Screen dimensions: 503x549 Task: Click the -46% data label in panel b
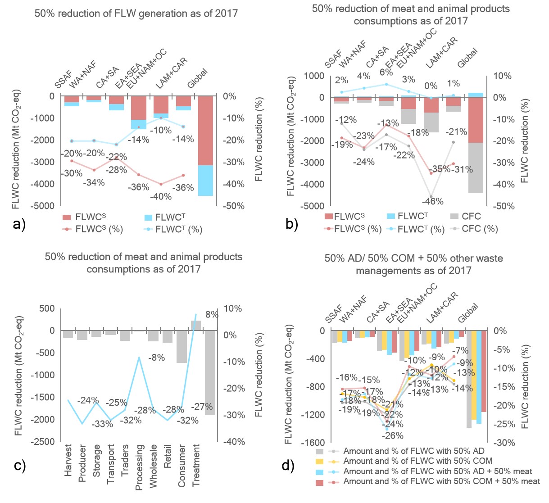[432, 201]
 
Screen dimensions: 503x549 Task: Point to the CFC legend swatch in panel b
[454, 217]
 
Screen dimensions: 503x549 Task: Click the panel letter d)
[288, 465]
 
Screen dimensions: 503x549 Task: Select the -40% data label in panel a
[161, 197]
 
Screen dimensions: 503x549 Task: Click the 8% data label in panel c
[212, 315]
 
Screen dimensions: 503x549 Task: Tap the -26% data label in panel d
[392, 435]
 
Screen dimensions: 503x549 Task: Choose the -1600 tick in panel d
[313, 443]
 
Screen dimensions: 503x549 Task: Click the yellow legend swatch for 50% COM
[320, 462]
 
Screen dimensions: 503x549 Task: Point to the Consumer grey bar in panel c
[181, 347]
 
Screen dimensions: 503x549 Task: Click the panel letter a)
[19, 224]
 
